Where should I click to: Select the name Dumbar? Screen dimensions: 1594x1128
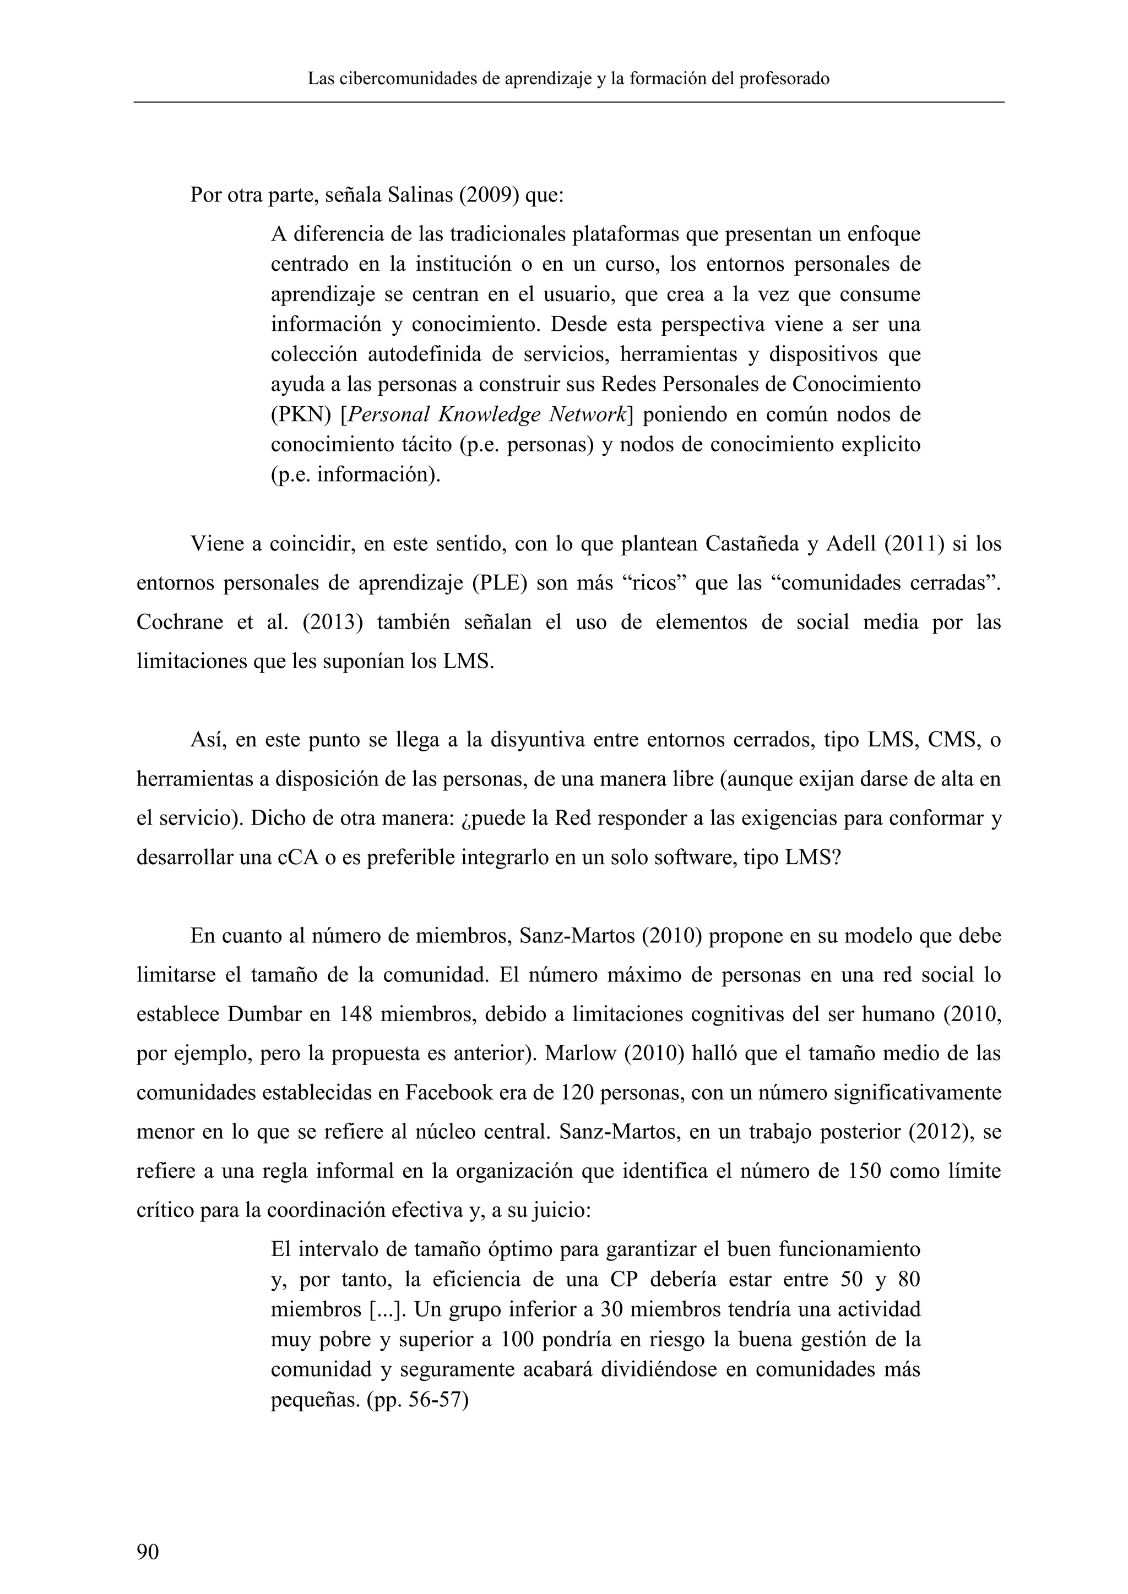click(263, 1014)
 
